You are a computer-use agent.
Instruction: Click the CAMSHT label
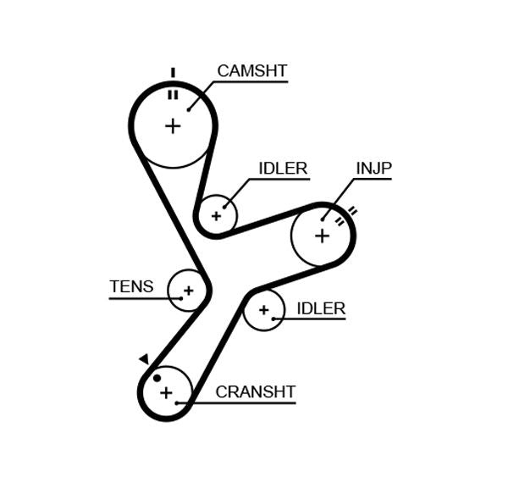[252, 71]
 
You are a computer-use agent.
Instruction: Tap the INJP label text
[373, 169]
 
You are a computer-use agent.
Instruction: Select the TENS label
[131, 286]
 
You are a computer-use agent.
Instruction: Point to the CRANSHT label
[255, 392]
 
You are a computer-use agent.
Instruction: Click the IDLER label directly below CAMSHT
[283, 169]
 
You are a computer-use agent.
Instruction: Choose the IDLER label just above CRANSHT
[321, 308]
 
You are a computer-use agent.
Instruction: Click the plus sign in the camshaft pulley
[173, 126]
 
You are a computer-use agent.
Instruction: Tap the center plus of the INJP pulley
[322, 235]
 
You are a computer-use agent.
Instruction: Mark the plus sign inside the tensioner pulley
[188, 291]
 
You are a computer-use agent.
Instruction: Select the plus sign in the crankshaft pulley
[166, 392]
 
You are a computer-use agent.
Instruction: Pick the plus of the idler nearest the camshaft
[216, 216]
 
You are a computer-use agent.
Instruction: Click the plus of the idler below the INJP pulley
[263, 310]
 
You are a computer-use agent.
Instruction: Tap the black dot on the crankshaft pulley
[157, 378]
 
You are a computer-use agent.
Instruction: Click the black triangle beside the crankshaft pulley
[144, 359]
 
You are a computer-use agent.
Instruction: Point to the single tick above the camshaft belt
[173, 73]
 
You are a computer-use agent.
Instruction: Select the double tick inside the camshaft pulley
[173, 94]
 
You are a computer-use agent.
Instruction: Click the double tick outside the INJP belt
[352, 211]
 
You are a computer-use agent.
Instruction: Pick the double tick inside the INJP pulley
[340, 222]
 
